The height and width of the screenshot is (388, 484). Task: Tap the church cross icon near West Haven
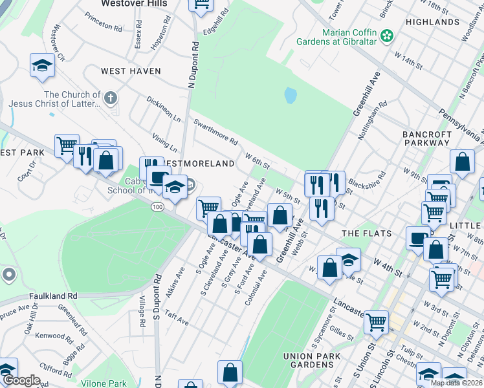(111, 98)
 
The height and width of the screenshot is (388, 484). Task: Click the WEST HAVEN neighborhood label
(130, 71)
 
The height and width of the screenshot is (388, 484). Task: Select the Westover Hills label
(134, 4)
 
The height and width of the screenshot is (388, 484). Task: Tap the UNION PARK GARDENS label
(317, 362)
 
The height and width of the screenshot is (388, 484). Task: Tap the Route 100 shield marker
(157, 206)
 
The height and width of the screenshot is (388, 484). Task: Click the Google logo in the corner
(21, 380)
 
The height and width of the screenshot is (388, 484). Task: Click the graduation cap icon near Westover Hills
(42, 65)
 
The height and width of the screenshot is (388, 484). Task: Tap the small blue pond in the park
(291, 96)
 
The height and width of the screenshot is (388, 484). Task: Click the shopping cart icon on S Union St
(376, 321)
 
